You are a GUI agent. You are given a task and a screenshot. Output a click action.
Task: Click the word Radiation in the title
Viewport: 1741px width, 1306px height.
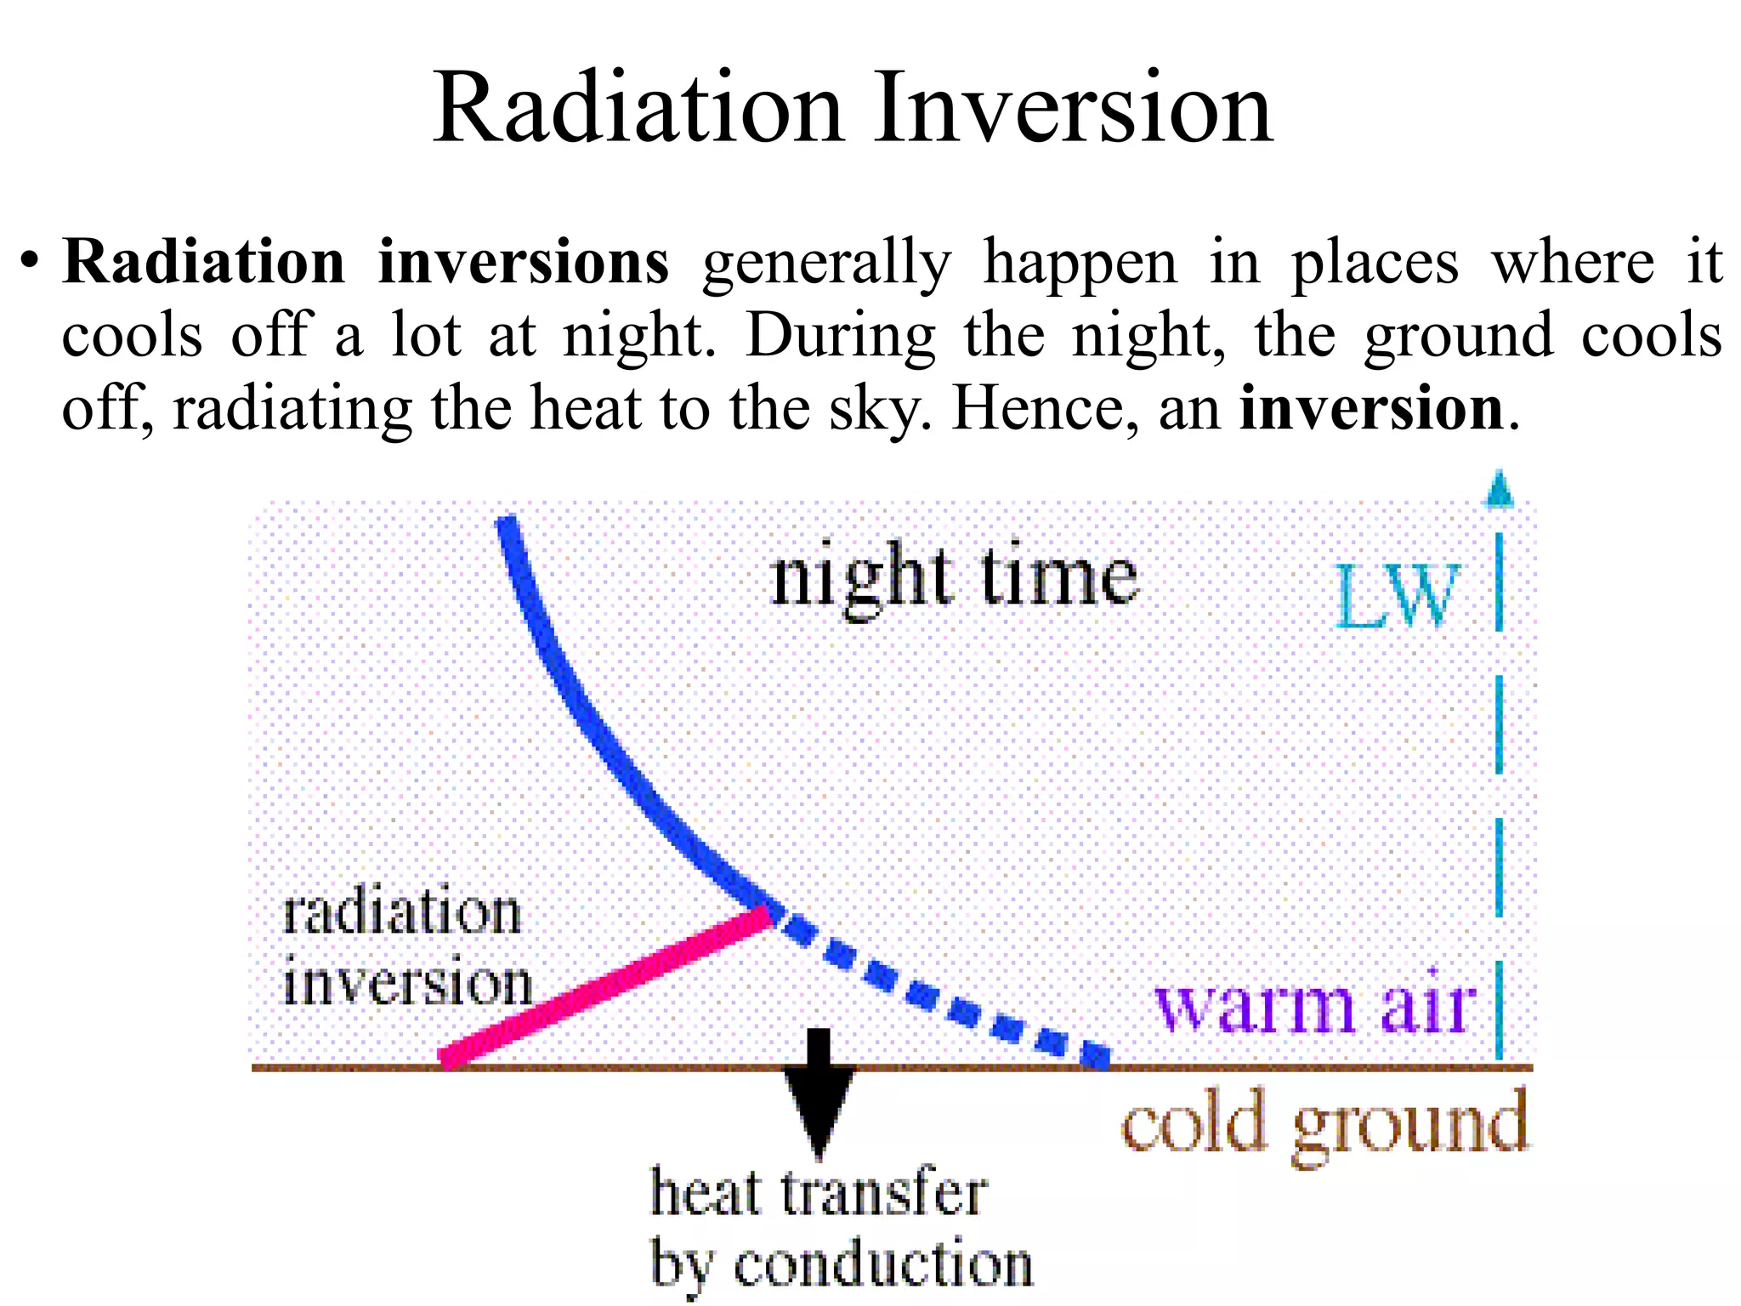pos(638,109)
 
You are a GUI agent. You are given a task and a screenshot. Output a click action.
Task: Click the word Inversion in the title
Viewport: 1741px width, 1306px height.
pos(1073,109)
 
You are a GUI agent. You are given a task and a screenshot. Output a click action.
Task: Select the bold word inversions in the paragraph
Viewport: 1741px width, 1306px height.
pos(524,262)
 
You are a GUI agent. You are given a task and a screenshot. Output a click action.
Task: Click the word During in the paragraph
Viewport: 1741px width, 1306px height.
pos(840,337)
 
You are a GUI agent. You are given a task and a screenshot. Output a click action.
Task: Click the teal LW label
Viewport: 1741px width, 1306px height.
pos(1397,597)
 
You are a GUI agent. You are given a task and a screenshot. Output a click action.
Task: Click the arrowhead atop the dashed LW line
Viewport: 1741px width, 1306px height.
pos(1499,491)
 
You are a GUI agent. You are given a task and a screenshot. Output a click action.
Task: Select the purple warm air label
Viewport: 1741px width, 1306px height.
pos(1314,1007)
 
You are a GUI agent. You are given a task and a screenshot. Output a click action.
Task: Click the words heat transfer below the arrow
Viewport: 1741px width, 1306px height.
pos(818,1192)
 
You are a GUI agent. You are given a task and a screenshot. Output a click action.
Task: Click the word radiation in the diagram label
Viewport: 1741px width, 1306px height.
pos(401,913)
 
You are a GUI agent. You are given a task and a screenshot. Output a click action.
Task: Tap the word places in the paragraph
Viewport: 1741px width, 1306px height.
pos(1375,262)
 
